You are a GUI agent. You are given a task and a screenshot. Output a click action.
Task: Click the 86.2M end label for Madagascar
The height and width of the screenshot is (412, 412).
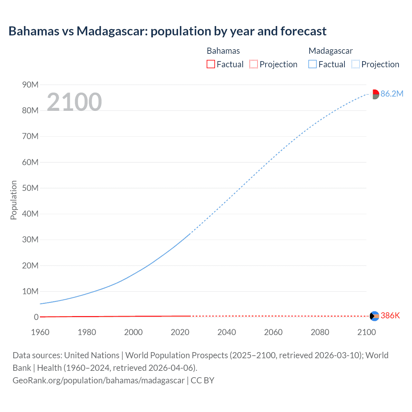[x=392, y=94]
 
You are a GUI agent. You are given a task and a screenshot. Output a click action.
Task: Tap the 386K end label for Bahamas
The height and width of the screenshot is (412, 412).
[x=390, y=315]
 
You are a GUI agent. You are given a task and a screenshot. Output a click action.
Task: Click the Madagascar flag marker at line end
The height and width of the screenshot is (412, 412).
[x=374, y=94]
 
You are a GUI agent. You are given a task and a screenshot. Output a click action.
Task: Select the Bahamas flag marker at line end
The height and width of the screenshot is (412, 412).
[x=374, y=316]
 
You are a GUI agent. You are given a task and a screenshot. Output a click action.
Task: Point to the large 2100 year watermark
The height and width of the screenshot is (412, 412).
[x=74, y=102]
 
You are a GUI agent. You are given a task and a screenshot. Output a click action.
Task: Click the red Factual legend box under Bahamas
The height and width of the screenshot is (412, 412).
[x=211, y=64]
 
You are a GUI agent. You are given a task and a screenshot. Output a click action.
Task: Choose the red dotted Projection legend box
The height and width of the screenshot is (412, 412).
[x=254, y=64]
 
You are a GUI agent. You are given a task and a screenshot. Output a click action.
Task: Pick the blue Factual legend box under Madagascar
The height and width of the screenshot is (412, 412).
[x=312, y=64]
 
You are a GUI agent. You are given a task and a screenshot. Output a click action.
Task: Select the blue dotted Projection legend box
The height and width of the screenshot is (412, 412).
[x=355, y=64]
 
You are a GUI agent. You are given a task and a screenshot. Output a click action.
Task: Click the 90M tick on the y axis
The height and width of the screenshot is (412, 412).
[x=30, y=85]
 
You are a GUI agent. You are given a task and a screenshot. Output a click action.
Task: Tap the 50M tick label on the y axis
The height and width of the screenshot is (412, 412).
[x=30, y=188]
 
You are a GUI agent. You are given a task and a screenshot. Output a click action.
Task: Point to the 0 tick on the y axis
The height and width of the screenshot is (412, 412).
[x=36, y=317]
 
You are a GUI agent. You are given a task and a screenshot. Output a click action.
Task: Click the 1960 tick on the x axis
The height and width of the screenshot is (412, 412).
[x=40, y=332]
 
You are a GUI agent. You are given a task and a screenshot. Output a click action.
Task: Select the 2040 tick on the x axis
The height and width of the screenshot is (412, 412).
[x=227, y=332]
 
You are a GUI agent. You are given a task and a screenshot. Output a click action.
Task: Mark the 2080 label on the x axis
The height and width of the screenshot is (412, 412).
[x=320, y=332]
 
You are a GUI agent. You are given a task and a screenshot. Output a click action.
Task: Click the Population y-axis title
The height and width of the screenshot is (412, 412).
[x=14, y=200]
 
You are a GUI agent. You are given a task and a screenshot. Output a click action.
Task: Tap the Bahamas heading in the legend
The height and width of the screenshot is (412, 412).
[x=223, y=51]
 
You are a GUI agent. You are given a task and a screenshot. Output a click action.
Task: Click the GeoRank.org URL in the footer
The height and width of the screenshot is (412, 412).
[x=98, y=380]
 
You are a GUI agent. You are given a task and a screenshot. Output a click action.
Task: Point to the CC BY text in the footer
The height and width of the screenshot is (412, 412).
[x=202, y=380]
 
